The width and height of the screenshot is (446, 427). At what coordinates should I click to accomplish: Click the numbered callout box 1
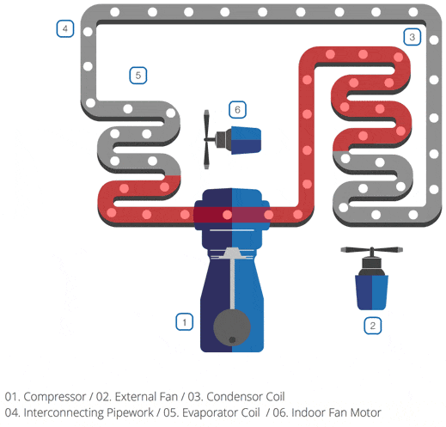pos(184,322)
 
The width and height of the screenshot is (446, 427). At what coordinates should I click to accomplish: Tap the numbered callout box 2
pos(373,326)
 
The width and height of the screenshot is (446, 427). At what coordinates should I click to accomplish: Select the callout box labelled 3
pos(412,37)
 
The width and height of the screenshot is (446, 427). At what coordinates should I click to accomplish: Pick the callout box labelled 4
pos(65,28)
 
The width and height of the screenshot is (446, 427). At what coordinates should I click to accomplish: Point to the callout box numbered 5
pos(138,76)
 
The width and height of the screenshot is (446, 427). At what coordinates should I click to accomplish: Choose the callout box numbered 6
pos(237,110)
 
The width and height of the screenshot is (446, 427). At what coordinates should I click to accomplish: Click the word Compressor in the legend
pos(55,397)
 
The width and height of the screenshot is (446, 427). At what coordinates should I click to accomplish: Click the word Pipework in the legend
pos(130,413)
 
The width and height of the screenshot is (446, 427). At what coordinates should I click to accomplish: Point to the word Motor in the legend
pos(366,412)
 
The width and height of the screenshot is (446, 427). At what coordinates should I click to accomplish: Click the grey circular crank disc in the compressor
pos(232,327)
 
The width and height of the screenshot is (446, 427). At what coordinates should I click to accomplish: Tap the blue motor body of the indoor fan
pos(246,140)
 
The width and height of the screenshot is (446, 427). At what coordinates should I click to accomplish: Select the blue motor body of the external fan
pos(372,292)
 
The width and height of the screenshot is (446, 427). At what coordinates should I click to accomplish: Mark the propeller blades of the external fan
pos(372,250)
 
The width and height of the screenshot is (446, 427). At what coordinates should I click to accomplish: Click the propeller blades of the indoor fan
pos(206,139)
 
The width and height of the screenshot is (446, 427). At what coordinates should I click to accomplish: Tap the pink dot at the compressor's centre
pos(227,215)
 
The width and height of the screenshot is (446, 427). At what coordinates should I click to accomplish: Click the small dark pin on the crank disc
pos(232,339)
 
